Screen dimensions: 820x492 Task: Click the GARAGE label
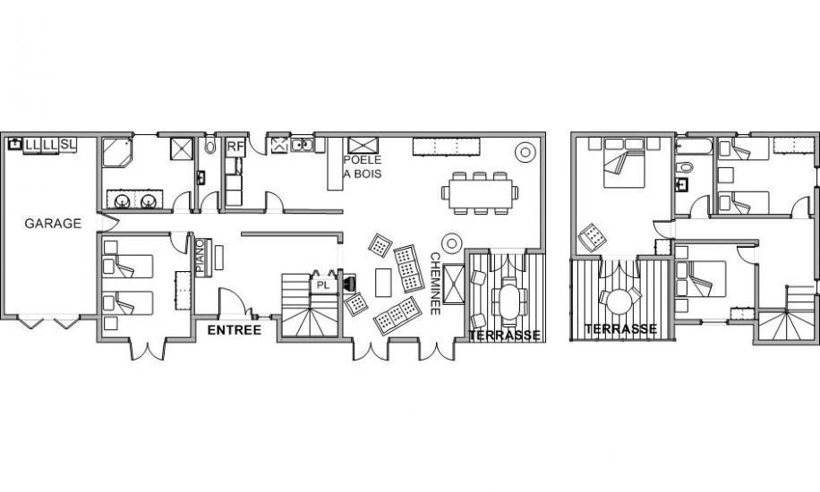coord(53,224)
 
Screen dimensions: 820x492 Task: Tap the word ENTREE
coord(235,330)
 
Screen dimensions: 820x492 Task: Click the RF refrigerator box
coord(235,147)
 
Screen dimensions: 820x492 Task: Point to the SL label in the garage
coord(68,144)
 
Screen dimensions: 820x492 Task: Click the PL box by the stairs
coord(324,285)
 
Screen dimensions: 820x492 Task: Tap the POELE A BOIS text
coord(363,166)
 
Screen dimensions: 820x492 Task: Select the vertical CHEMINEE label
coord(435,284)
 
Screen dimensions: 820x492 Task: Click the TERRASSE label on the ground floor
coord(504,335)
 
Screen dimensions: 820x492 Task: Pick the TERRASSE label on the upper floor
coord(620,329)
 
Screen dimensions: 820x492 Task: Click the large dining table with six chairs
coord(480,193)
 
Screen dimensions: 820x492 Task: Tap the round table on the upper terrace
coord(620,301)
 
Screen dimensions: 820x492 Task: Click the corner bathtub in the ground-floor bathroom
coord(117,152)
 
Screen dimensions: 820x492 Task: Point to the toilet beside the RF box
coord(210,147)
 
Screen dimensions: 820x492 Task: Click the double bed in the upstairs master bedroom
coord(625,163)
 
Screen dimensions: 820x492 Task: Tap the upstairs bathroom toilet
coord(685,167)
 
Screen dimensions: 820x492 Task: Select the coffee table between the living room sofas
coord(383,283)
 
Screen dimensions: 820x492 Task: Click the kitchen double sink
coord(302,145)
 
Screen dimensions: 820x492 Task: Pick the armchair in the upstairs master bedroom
coord(593,237)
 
